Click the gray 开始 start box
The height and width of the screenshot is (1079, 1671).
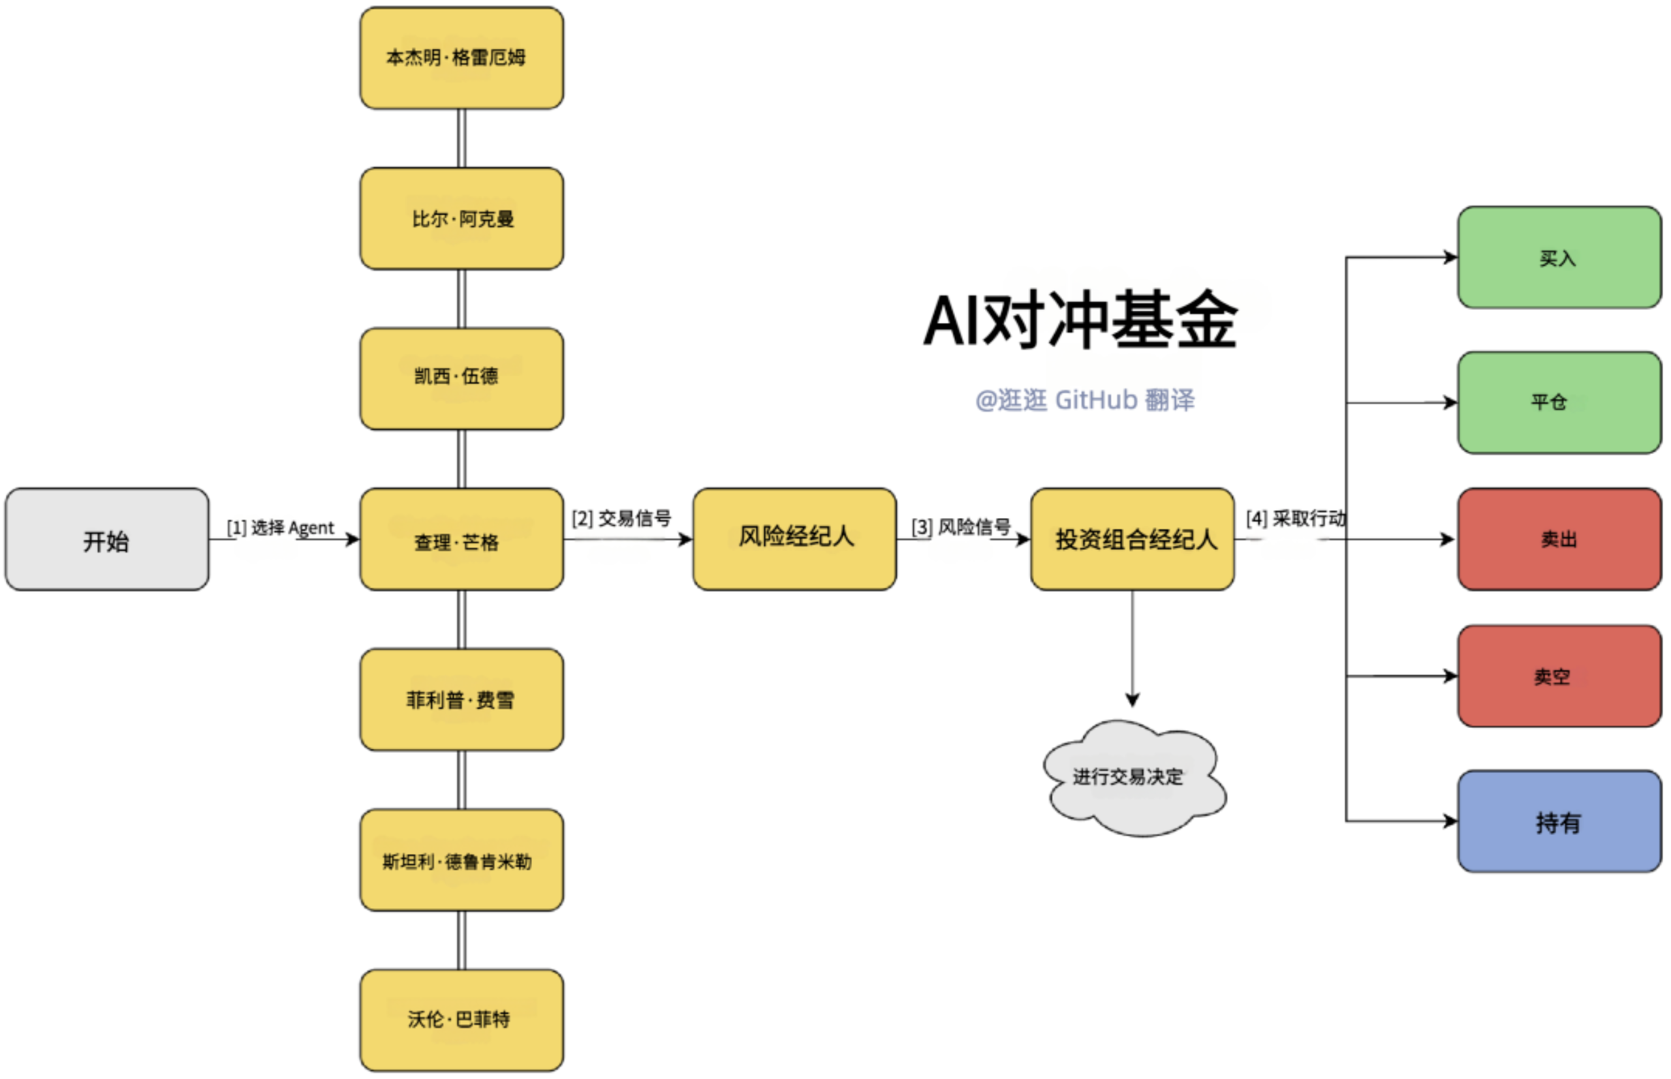coord(106,539)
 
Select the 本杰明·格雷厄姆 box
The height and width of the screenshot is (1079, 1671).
coord(461,58)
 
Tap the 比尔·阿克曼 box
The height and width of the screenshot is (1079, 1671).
coord(461,219)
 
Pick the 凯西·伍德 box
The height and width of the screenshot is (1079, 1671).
coord(461,378)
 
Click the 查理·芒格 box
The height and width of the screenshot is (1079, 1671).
coord(461,539)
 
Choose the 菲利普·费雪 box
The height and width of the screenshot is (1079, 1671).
coord(461,699)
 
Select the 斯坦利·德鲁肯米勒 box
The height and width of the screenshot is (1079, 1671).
coord(461,860)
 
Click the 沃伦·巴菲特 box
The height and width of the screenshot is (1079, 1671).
coord(461,1020)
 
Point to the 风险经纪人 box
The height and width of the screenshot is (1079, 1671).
coord(794,539)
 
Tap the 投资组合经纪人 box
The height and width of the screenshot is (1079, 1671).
coord(1132,539)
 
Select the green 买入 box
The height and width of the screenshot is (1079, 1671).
coord(1559,257)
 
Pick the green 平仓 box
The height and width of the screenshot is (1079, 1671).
coord(1559,403)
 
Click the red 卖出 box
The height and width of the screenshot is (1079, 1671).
coord(1559,539)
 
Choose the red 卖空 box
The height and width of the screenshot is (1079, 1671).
coord(1559,676)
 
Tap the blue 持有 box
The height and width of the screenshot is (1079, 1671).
coord(1559,821)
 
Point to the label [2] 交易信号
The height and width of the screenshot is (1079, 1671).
coord(621,519)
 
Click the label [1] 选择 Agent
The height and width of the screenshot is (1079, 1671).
coord(281,528)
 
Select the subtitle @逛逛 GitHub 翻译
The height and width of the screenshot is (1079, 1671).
coord(1084,400)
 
